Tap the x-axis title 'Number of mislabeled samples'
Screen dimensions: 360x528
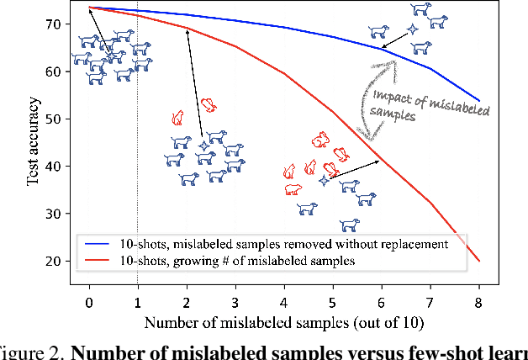(283, 322)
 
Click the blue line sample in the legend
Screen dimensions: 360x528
(98, 244)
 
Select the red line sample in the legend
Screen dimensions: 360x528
(98, 260)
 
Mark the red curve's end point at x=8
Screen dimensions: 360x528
(479, 261)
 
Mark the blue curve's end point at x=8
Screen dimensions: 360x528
(479, 101)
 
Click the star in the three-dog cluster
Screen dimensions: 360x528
(412, 29)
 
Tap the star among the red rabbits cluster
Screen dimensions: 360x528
(324, 180)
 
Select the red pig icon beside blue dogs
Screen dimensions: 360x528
(293, 189)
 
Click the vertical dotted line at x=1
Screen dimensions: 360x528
(138, 210)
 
